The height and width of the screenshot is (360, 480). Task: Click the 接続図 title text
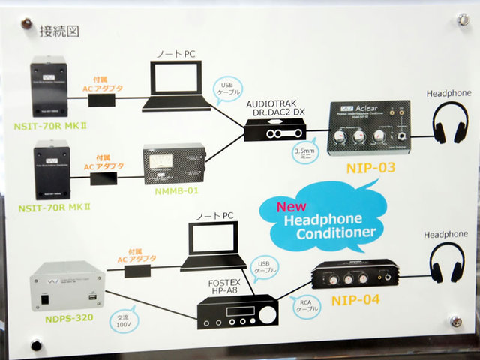pyautogui.click(x=59, y=31)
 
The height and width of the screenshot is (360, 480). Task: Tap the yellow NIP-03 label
pyautogui.click(x=370, y=167)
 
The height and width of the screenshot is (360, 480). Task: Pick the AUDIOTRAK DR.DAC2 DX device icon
pyautogui.click(x=277, y=136)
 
